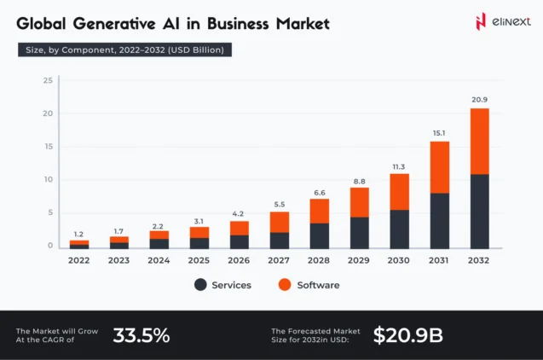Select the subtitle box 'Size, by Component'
(124, 49)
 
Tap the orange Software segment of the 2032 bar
(480, 141)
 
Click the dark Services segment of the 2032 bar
(480, 211)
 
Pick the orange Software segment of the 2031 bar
(440, 166)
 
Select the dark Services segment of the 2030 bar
(399, 229)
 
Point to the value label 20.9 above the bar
(480, 100)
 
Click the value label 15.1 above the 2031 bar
(440, 132)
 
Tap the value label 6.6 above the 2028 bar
(319, 192)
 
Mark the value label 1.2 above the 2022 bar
(78, 234)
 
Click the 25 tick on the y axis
(49, 80)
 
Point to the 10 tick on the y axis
(49, 180)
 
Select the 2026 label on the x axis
(239, 260)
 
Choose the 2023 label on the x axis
(118, 260)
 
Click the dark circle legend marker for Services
(200, 285)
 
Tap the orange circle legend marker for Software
(286, 285)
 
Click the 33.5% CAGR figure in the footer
(142, 335)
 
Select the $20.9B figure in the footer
(407, 335)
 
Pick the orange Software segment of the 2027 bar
(279, 222)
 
